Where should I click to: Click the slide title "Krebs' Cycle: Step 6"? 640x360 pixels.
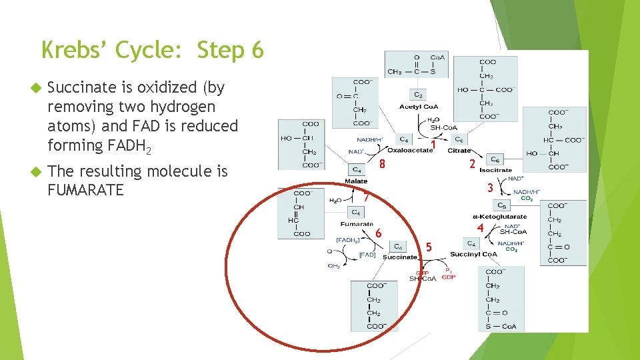(x=153, y=50)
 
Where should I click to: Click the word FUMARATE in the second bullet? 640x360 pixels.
(x=86, y=191)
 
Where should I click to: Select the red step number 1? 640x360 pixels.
(x=433, y=144)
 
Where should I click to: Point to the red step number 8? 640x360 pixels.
(x=382, y=165)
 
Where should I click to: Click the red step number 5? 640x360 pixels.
(x=429, y=247)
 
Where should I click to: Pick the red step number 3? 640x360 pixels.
(x=490, y=189)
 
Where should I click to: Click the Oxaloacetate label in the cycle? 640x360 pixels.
(x=409, y=151)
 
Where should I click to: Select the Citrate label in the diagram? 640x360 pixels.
(x=459, y=151)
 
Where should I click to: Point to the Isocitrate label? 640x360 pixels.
(x=495, y=170)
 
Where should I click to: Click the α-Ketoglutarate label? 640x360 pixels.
(x=499, y=216)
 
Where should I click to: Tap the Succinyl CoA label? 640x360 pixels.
(x=473, y=255)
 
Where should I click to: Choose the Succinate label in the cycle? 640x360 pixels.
(x=399, y=257)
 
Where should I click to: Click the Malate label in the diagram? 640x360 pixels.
(x=356, y=181)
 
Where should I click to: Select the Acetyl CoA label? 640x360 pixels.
(x=419, y=107)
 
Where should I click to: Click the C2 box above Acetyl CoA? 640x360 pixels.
(x=419, y=95)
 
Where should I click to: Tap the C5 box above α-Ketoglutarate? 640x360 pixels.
(x=502, y=205)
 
